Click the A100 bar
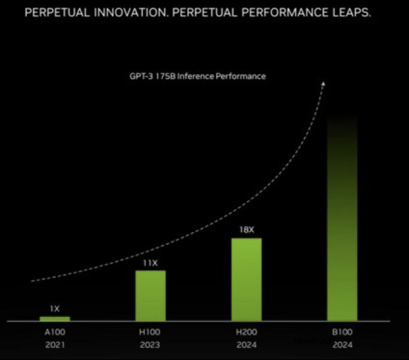click(55, 318)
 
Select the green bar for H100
click(150, 295)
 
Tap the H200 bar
click(246, 279)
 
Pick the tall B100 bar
click(342, 219)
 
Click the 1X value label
click(55, 309)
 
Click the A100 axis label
click(55, 332)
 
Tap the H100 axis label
click(150, 332)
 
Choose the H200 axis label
click(246, 332)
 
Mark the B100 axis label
click(342, 332)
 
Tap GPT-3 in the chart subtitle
click(141, 76)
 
